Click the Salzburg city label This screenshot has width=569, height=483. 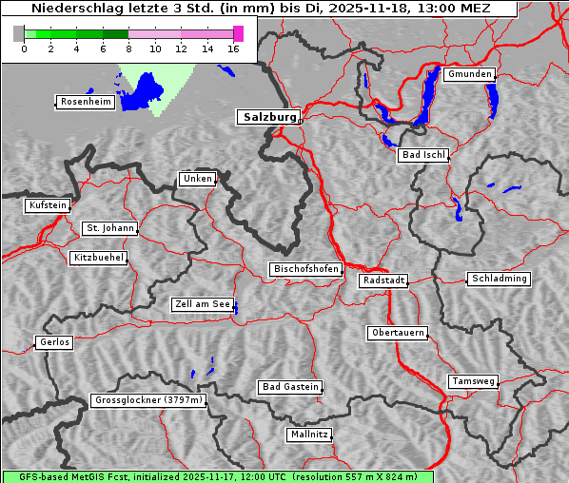pos(268,117)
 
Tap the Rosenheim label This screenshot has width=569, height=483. pos(86,102)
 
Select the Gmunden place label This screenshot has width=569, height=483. pos(469,74)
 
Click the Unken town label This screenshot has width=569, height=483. pos(197,179)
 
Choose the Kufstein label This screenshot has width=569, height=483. pos(48,205)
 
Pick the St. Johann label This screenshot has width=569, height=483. pos(109,228)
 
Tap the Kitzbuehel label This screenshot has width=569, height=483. pos(98,258)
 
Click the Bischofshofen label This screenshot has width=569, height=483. pos(306,270)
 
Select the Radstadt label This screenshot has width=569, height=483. pos(383,280)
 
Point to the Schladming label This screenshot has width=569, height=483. pos(499,279)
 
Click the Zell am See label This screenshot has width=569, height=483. pos(203,304)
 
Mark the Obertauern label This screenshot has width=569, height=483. pos(398,333)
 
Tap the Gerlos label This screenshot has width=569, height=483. pos(54,342)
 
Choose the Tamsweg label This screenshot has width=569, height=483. pos(473,381)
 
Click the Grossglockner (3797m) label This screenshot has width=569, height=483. pos(149,400)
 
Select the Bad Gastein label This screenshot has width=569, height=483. pos(290,387)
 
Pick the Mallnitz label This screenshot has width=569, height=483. pos(309,435)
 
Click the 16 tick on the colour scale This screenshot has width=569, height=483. pos(234,48)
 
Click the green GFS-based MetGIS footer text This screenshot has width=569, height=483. pos(217,476)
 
